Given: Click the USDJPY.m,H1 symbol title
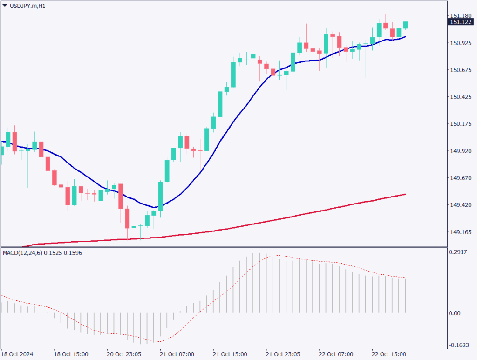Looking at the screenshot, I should point(27,6).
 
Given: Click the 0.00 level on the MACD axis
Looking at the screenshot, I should point(455,313).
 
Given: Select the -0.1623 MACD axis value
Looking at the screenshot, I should point(458,346).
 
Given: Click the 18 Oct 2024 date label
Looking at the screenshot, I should point(18,354).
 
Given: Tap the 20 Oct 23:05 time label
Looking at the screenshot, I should point(124,354).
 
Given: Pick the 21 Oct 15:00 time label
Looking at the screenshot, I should point(230,354).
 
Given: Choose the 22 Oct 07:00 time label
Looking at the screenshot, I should point(336,354).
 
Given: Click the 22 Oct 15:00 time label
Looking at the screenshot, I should point(389,354).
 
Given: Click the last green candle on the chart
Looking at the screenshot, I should point(406,25).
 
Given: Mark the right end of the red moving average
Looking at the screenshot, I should point(405,194).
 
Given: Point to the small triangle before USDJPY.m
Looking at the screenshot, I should point(5,6).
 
